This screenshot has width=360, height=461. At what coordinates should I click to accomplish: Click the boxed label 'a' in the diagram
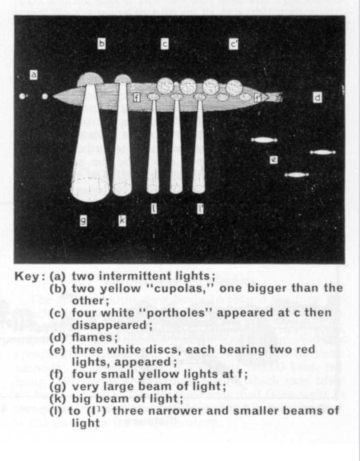[x=33, y=75]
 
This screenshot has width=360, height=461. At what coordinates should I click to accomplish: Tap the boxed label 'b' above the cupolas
[x=101, y=43]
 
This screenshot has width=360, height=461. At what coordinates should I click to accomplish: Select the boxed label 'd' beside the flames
[x=317, y=98]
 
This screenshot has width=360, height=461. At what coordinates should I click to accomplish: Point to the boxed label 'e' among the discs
[x=274, y=160]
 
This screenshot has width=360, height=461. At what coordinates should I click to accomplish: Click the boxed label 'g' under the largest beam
[x=83, y=221]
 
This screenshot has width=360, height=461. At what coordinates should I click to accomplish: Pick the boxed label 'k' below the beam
[x=122, y=220]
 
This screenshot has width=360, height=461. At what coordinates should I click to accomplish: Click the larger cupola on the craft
[x=90, y=79]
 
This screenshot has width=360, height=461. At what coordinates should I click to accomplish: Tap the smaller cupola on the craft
[x=123, y=79]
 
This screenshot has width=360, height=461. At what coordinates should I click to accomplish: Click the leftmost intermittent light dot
[x=23, y=96]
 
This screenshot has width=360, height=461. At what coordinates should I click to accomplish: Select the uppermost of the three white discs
[x=264, y=140]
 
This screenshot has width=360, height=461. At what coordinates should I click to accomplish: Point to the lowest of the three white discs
[x=296, y=175]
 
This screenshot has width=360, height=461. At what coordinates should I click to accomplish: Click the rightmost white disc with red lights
[x=323, y=152]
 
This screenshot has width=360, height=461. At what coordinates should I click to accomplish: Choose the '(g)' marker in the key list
[x=57, y=386]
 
